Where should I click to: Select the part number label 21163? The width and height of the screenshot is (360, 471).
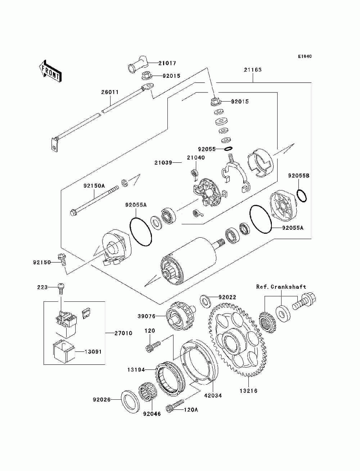click(252, 70)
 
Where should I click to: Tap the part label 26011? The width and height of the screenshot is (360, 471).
click(109, 92)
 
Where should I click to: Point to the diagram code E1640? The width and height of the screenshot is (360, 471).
click(305, 57)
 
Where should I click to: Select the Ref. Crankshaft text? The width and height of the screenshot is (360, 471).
click(281, 287)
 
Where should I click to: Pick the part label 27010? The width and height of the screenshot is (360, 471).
click(123, 333)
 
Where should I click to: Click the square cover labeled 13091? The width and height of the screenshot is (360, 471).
click(64, 351)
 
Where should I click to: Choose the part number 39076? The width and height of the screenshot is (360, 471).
click(146, 316)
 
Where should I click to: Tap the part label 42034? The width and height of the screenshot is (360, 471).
click(213, 395)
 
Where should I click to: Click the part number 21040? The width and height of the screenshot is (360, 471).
click(195, 157)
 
